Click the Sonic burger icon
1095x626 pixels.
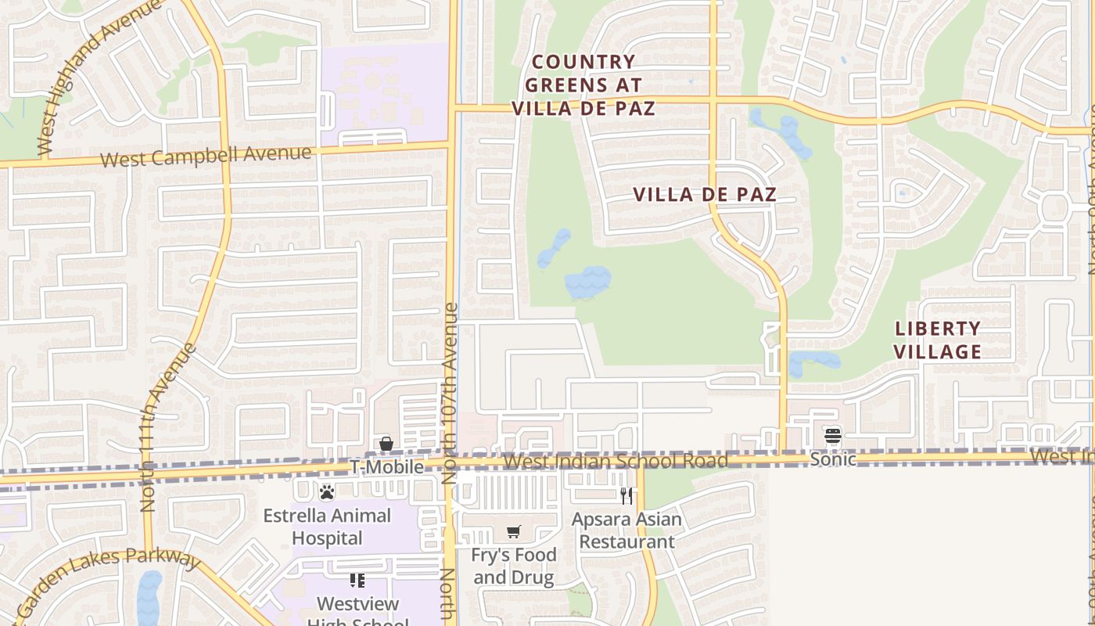[x=832, y=435]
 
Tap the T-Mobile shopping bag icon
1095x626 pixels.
[x=386, y=444]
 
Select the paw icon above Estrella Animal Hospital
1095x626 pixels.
[x=327, y=492]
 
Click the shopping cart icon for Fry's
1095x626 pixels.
[x=514, y=532]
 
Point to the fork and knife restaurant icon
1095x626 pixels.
[x=626, y=495]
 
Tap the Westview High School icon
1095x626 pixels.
[x=357, y=581]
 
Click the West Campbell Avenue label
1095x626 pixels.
[x=206, y=156]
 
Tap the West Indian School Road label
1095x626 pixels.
[x=615, y=461]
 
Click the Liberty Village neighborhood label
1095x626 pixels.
[x=937, y=340]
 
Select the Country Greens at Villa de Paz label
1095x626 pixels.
[x=583, y=85]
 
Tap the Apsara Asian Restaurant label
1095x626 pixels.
[x=626, y=530]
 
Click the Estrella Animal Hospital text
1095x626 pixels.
[x=327, y=527]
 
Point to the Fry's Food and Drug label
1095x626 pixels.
[x=515, y=567]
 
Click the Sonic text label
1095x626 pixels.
[x=832, y=459]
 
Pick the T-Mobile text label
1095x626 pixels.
[x=386, y=467]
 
